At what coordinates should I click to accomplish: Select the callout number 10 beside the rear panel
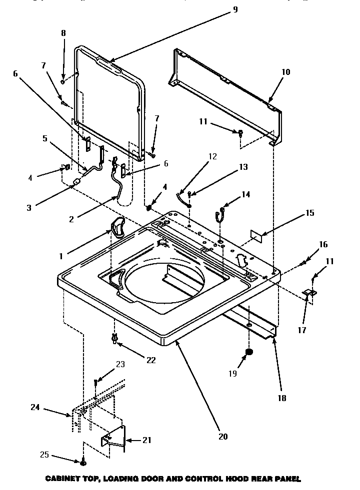point(285,72)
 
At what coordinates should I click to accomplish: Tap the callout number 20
point(223,436)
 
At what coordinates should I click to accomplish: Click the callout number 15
point(310,213)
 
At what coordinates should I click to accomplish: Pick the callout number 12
point(212,156)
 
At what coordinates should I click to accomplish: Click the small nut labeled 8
point(62,81)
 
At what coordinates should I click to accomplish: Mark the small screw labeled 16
point(303,263)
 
